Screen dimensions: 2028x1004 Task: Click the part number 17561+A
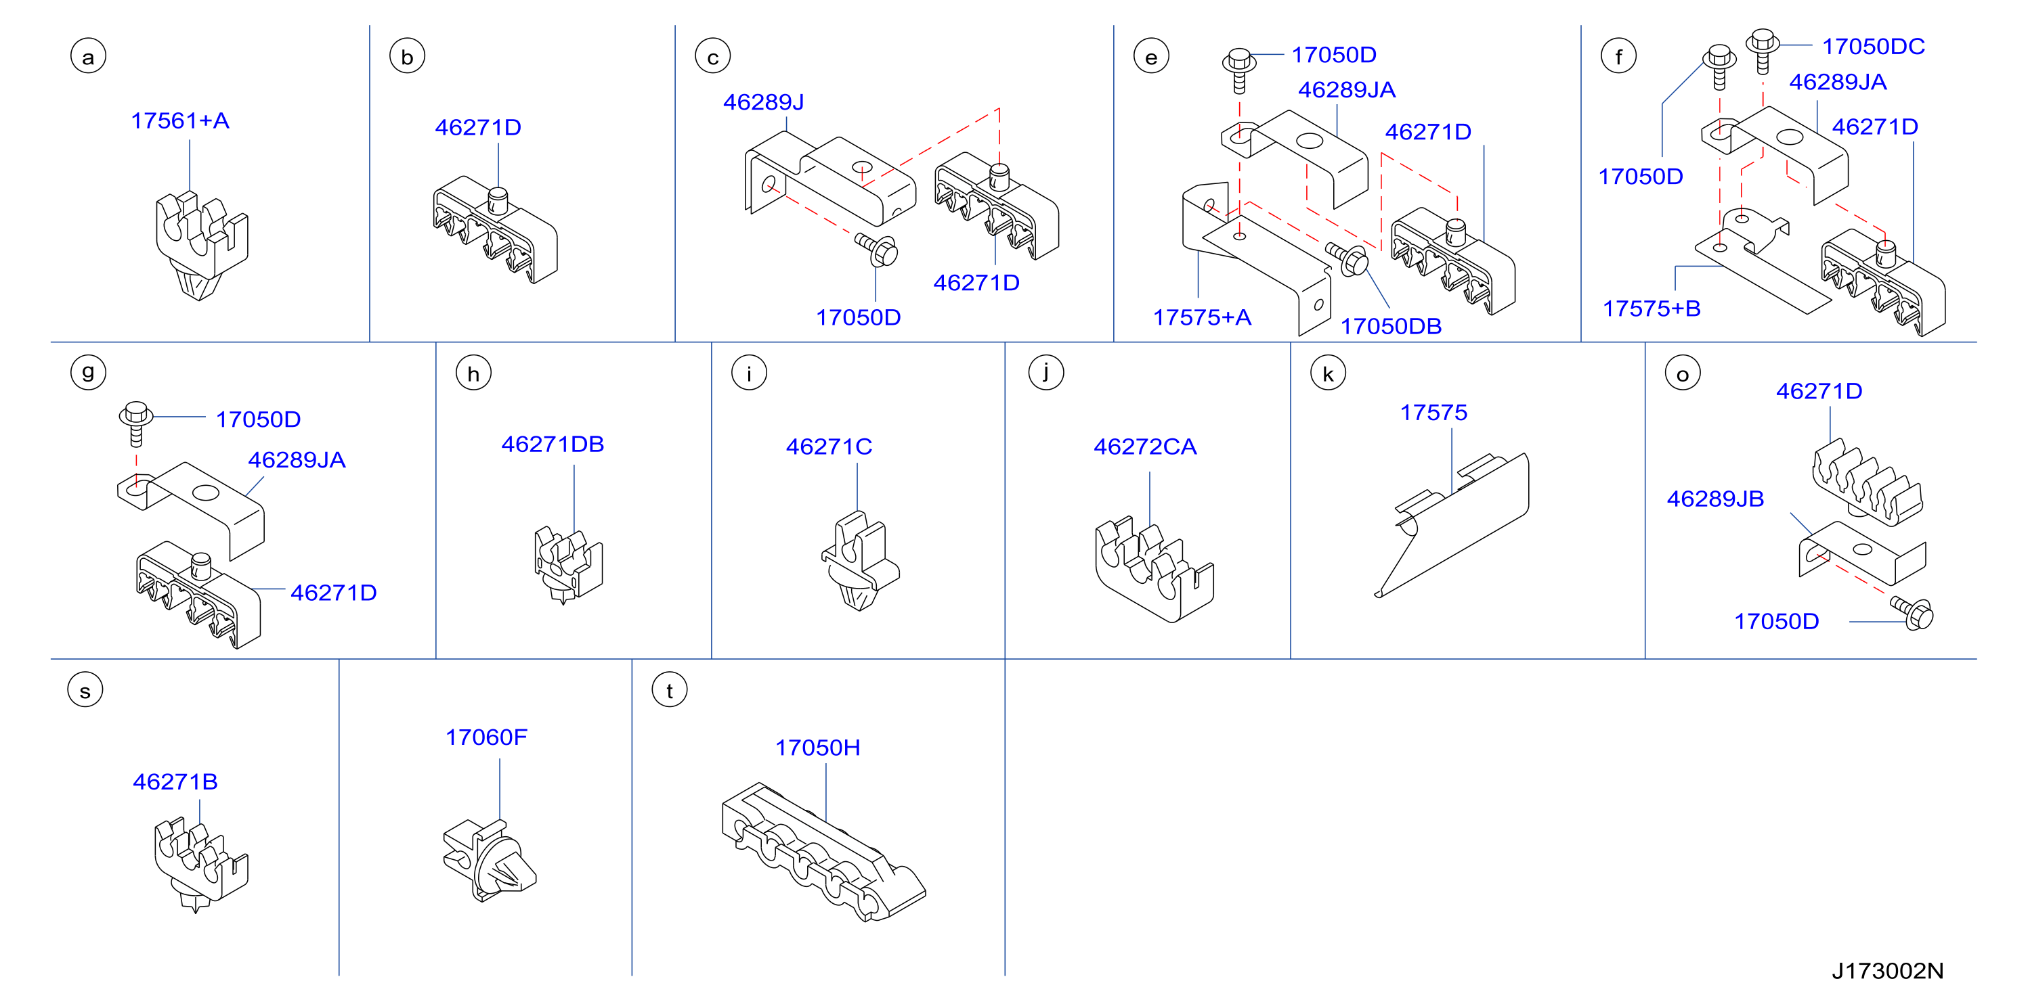(179, 121)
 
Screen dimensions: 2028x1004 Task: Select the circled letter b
(407, 57)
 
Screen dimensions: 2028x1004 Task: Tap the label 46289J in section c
(763, 102)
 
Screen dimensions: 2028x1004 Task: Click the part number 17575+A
(1201, 318)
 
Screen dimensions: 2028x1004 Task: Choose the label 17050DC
(1873, 47)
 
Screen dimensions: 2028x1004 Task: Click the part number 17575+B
(1651, 309)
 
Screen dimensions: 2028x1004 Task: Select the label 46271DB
(553, 444)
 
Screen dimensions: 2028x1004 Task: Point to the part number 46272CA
(1145, 447)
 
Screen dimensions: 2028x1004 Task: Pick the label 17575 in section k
(1433, 413)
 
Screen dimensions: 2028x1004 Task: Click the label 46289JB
(1714, 499)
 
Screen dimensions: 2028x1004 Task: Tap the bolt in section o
(1912, 613)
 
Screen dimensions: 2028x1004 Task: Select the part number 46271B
(175, 782)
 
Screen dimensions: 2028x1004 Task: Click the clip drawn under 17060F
(489, 860)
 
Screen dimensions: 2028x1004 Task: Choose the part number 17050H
(817, 748)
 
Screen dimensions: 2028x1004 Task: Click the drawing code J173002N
(1887, 971)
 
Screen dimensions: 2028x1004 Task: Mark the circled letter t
(670, 690)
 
